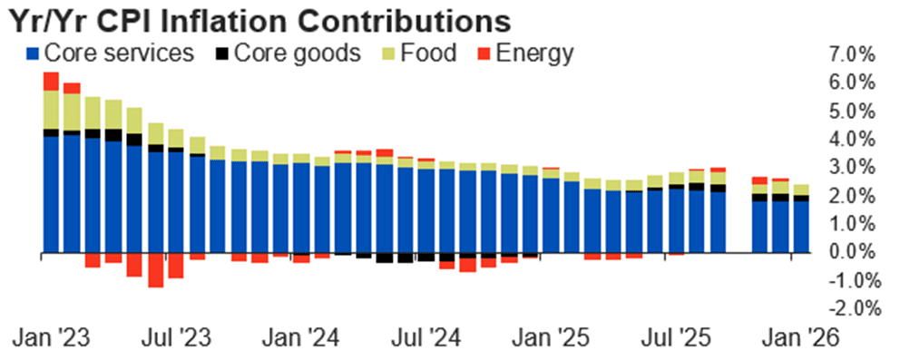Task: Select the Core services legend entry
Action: [109, 53]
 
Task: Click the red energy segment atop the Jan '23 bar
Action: [51, 81]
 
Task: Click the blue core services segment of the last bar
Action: [801, 227]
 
